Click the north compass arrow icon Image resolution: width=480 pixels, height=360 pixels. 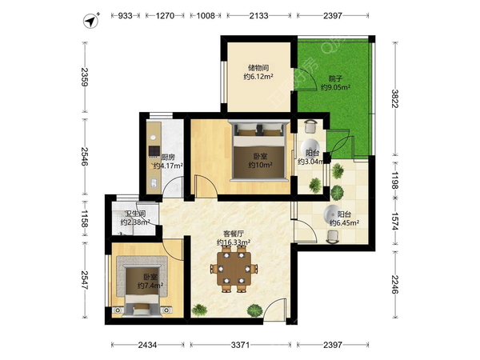(91, 21)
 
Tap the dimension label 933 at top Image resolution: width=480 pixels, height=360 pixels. (126, 16)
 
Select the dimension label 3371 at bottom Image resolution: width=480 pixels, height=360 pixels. (240, 345)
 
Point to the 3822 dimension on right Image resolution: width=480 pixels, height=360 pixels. (395, 98)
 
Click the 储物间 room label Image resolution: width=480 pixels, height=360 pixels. (258, 68)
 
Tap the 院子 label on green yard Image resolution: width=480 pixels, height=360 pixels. (335, 78)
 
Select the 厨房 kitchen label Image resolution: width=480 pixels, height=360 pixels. (168, 158)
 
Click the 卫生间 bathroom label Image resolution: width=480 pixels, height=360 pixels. (135, 214)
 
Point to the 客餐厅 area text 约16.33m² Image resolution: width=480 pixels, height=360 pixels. (234, 242)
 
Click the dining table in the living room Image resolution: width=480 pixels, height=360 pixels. (234, 269)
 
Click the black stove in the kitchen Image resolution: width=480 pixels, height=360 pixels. (154, 151)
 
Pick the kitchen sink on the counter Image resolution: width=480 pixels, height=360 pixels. (154, 182)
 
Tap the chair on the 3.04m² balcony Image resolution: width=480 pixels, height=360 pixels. (312, 126)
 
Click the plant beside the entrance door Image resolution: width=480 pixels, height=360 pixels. (255, 310)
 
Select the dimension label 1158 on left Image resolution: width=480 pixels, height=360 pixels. (85, 218)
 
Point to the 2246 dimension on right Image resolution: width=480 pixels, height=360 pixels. (395, 285)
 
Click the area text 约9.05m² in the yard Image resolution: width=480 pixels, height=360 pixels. (335, 87)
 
